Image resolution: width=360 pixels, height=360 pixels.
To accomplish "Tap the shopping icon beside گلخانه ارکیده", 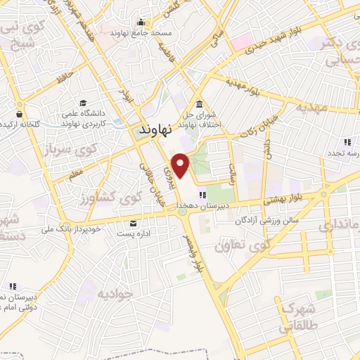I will click(20, 112).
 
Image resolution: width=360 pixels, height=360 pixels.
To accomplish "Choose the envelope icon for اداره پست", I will click(133, 223).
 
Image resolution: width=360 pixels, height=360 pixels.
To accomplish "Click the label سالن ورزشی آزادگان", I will click(267, 221).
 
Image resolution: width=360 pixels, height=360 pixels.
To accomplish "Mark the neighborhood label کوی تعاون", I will click(243, 246).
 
